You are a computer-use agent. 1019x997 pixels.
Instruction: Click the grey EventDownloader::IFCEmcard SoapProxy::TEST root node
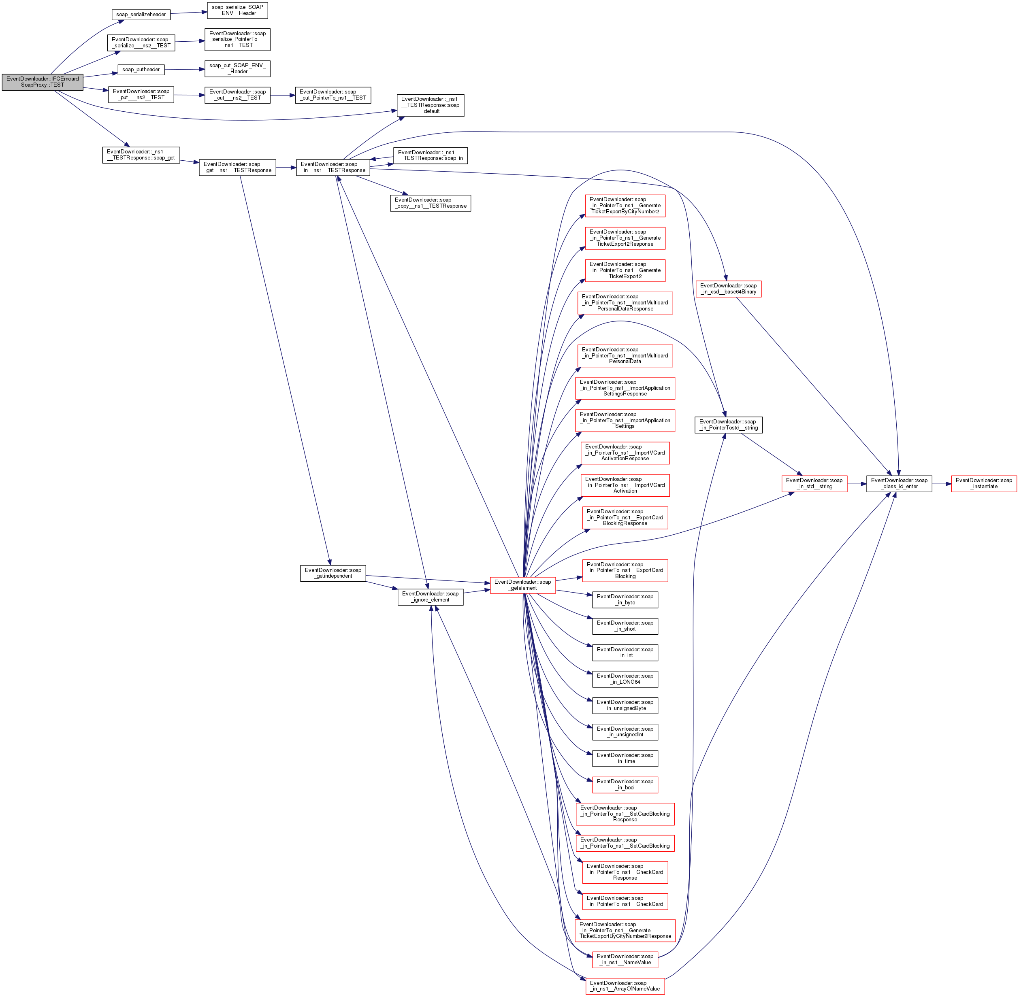click(x=43, y=82)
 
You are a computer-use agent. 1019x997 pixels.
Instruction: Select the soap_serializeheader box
click(x=141, y=15)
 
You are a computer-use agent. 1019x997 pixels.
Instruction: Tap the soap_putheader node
click(x=141, y=70)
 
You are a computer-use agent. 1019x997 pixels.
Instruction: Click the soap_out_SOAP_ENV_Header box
click(x=237, y=68)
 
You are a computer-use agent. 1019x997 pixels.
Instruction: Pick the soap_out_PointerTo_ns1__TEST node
click(x=333, y=95)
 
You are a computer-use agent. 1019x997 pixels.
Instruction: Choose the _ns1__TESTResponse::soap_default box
click(x=430, y=105)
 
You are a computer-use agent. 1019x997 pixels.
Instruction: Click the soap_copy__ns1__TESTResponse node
click(x=430, y=203)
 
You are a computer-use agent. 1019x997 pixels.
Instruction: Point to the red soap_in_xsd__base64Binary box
click(x=728, y=289)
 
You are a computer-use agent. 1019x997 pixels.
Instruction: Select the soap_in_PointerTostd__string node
click(x=728, y=425)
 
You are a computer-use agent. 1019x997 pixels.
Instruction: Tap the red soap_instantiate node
click(x=983, y=484)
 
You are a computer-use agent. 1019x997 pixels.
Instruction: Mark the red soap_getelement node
click(x=522, y=585)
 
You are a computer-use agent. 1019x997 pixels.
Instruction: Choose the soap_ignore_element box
click(x=430, y=597)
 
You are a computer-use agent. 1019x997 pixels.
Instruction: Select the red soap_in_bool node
click(x=625, y=785)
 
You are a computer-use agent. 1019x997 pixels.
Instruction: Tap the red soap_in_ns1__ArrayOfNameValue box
click(x=625, y=986)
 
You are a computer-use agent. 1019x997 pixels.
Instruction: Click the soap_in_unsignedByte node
click(x=625, y=705)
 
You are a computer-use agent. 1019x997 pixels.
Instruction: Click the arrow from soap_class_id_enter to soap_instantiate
click(x=942, y=484)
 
